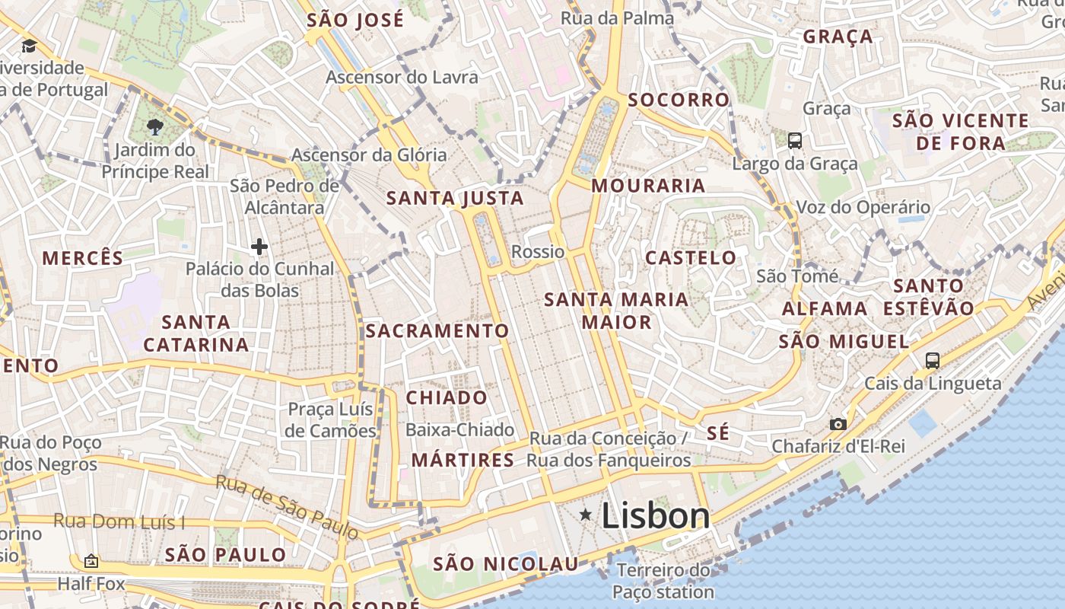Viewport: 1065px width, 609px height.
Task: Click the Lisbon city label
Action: (656, 516)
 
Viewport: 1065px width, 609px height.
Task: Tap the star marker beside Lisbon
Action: (586, 515)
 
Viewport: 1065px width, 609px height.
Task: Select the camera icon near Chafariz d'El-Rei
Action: (838, 424)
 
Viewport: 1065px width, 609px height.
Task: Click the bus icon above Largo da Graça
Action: (795, 140)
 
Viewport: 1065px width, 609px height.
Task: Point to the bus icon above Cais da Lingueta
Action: (933, 360)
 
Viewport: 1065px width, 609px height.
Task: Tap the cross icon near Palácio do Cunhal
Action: (259, 247)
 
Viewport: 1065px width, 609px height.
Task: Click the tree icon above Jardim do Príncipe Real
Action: (155, 126)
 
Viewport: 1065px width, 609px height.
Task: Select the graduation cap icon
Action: (29, 46)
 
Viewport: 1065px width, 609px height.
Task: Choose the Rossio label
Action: (538, 252)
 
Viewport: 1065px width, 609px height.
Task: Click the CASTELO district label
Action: (691, 258)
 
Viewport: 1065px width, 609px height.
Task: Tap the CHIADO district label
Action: (447, 397)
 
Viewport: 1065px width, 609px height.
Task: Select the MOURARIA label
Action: (648, 186)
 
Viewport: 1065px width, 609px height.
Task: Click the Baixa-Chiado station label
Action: (459, 430)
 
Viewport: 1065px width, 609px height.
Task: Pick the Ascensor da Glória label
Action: (369, 155)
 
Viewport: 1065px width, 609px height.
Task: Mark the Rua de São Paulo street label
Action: (286, 506)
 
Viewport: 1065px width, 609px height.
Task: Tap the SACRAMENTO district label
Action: (437, 331)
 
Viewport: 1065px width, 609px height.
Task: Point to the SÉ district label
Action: (718, 433)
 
